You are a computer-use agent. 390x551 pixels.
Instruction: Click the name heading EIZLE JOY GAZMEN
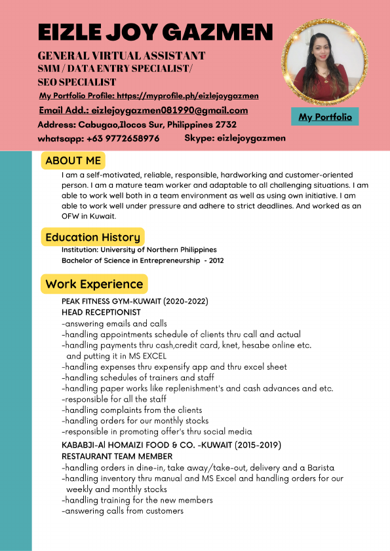pos(155,31)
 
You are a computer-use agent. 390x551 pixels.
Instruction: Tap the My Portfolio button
pos(325,117)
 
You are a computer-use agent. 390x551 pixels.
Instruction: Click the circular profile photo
pos(325,63)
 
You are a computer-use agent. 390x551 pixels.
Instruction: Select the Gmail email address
pos(169,111)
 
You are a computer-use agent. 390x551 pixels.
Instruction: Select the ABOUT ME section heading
pos(73,160)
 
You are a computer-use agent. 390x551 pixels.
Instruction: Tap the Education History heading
pos(92,237)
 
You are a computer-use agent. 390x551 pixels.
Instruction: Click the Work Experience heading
pos(94,284)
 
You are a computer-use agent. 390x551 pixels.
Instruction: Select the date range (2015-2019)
pos(252,445)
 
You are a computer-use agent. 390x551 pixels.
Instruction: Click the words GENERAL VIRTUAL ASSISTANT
pos(121,56)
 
